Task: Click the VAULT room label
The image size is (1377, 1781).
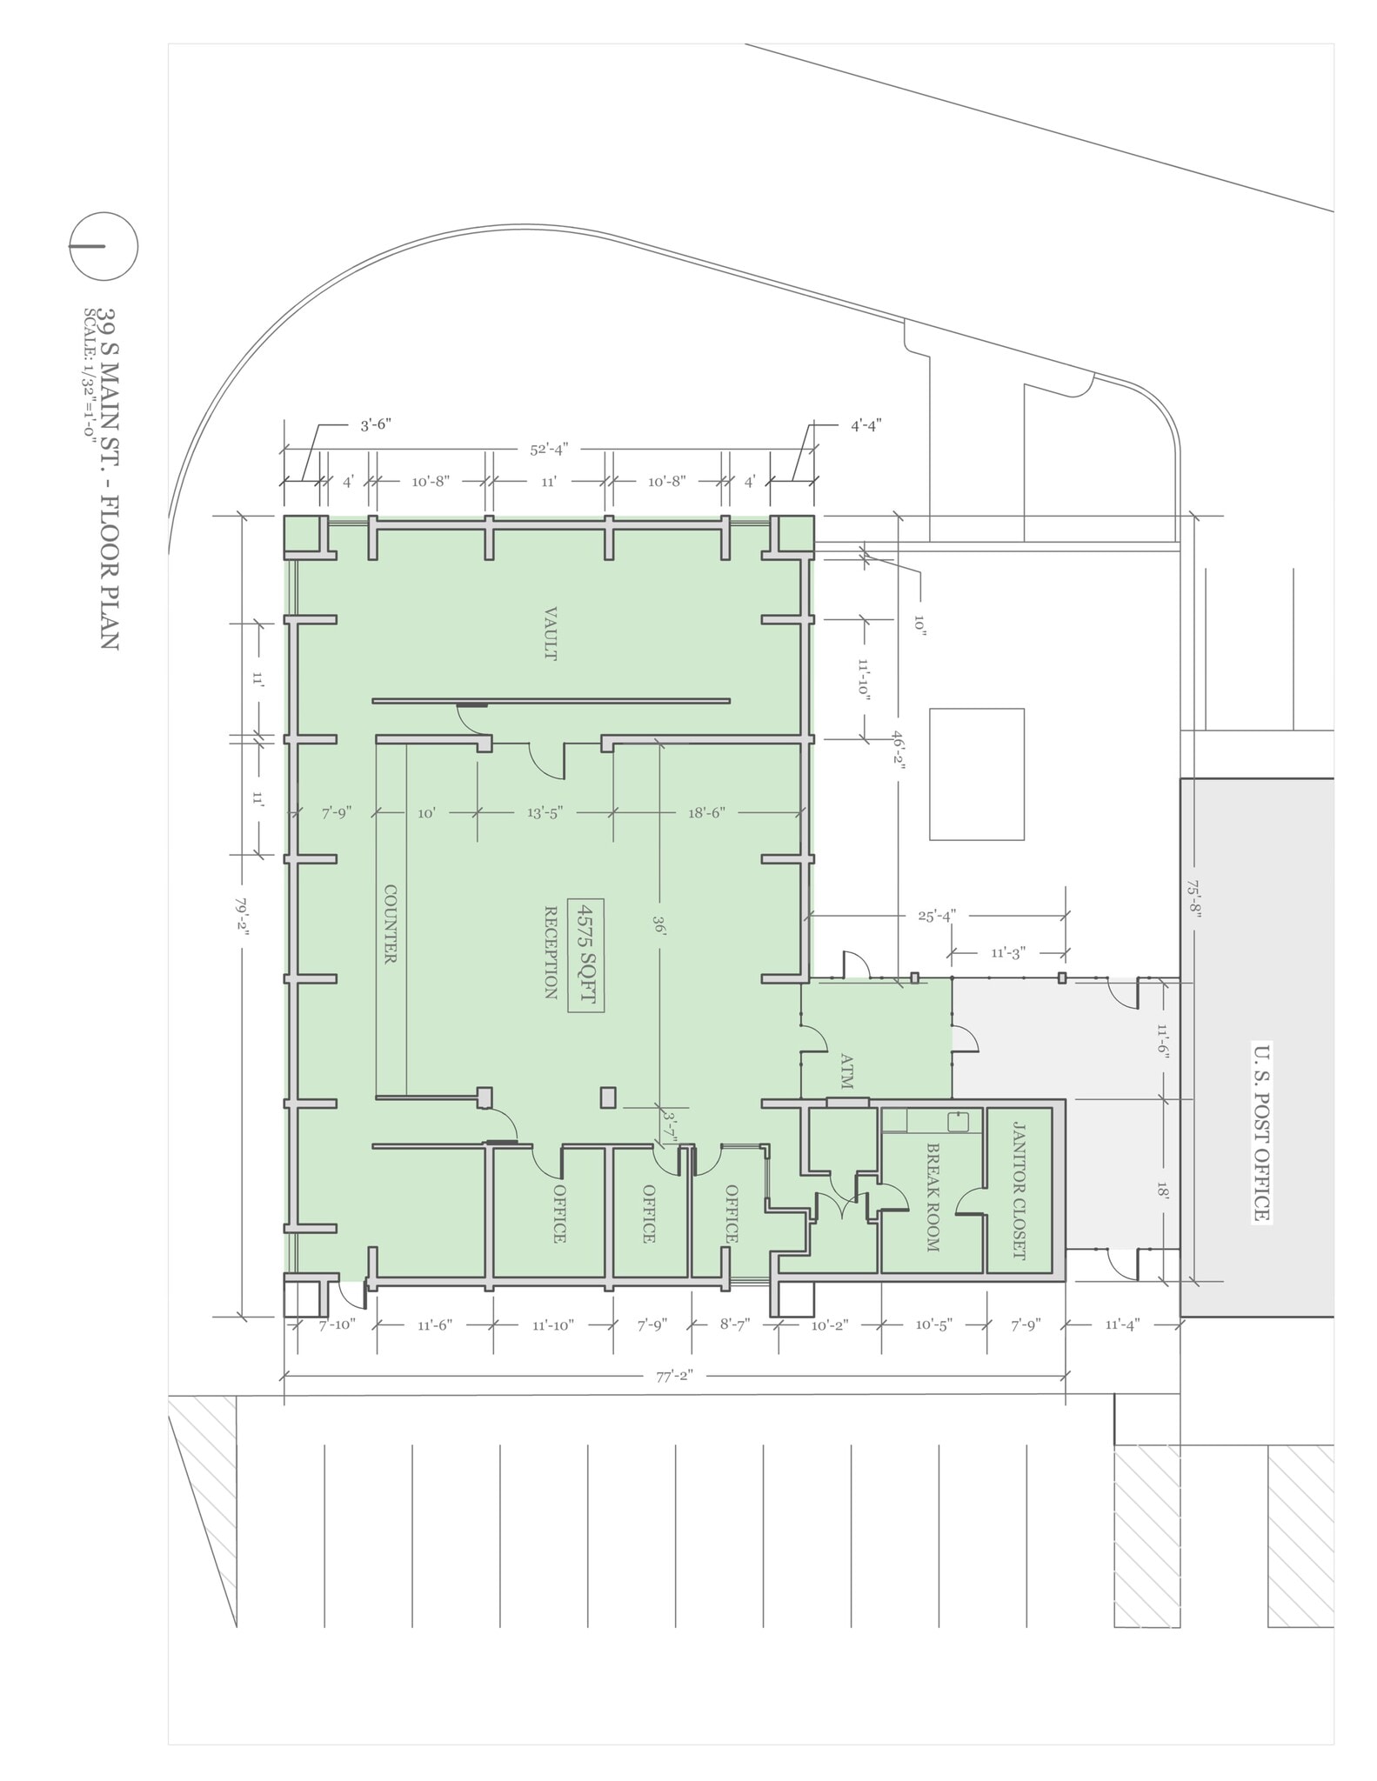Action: click(x=550, y=634)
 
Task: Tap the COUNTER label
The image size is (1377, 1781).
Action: click(x=391, y=924)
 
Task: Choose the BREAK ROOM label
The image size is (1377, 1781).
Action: click(x=932, y=1197)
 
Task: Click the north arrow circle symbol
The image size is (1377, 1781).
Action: click(x=104, y=246)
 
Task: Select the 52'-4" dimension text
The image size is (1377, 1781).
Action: click(x=549, y=450)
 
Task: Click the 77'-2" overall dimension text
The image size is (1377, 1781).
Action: click(x=674, y=1376)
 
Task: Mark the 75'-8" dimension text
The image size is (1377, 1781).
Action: click(x=1193, y=899)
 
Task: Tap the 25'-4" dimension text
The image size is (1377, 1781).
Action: click(x=937, y=916)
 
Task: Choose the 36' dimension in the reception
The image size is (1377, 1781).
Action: click(x=659, y=928)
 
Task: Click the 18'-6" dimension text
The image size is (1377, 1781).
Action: click(x=706, y=813)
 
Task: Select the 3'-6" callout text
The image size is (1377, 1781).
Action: click(x=377, y=425)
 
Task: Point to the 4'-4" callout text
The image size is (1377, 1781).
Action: click(x=866, y=425)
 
